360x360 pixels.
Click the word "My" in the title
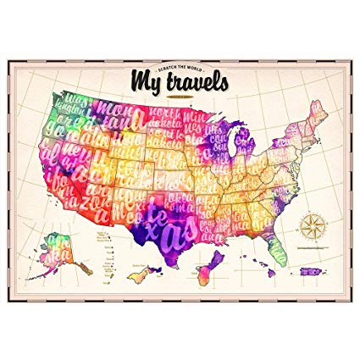(x=145, y=80)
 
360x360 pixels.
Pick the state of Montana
(x=119, y=114)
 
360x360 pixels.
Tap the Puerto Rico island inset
(x=311, y=271)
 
